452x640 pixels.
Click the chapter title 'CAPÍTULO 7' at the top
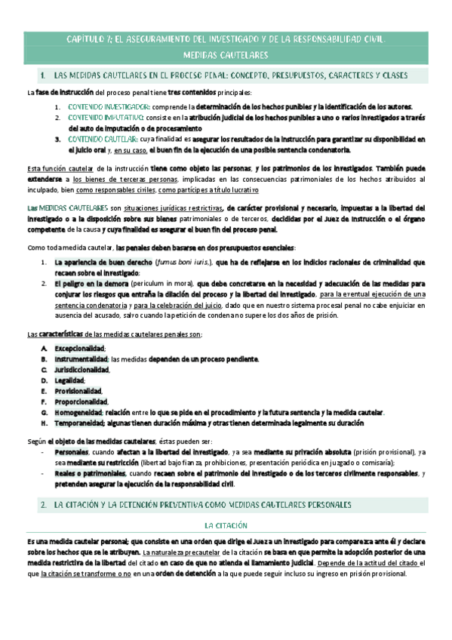tap(89, 39)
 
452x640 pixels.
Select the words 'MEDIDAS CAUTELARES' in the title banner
tap(226, 56)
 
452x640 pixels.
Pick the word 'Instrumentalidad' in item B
tap(81, 358)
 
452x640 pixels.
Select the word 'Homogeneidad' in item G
tap(78, 413)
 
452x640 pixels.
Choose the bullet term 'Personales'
tap(72, 451)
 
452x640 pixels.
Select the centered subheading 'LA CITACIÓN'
tap(226, 525)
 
